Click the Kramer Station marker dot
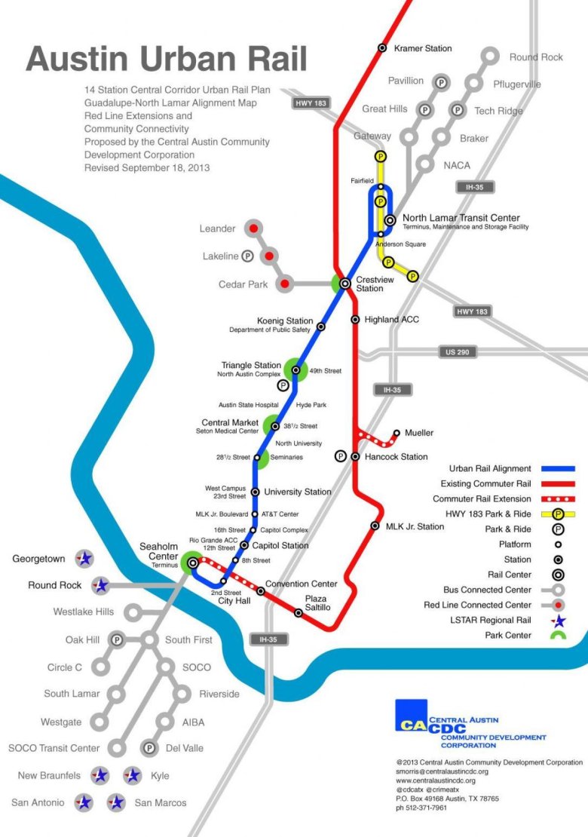tap(382, 49)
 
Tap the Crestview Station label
tap(370, 284)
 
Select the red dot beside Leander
tap(254, 228)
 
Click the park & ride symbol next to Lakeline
tap(247, 256)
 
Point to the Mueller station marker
tap(397, 433)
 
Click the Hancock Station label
tap(396, 457)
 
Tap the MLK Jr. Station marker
tap(375, 526)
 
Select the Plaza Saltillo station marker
tap(298, 612)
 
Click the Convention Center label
tap(302, 583)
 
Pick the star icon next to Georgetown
tap(85, 560)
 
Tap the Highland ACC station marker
tap(355, 320)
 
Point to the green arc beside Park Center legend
tap(559, 636)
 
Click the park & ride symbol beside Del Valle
tap(150, 748)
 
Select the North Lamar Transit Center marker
tap(390, 220)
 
